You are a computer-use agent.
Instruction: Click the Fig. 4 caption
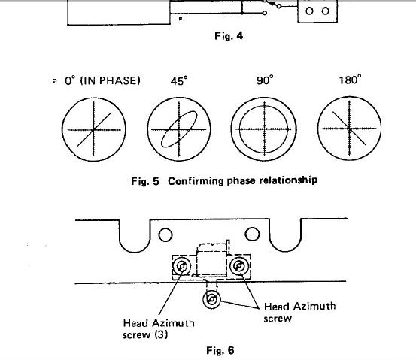(229, 36)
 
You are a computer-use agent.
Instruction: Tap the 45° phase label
(179, 80)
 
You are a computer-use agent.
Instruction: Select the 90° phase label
(265, 80)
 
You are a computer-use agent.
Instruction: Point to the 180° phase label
(350, 79)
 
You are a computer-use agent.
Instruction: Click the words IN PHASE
(110, 80)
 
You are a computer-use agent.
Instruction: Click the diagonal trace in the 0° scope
(94, 129)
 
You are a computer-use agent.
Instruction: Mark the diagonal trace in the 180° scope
(349, 129)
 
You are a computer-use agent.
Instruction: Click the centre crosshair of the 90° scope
(264, 129)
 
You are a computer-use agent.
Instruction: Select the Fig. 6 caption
(220, 350)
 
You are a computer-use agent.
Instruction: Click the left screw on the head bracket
(182, 266)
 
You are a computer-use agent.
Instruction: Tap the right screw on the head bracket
(238, 265)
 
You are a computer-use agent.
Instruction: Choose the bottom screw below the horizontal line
(211, 300)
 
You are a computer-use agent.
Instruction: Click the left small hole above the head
(165, 234)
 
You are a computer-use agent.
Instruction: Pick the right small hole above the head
(252, 234)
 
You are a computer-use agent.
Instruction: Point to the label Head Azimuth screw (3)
(159, 328)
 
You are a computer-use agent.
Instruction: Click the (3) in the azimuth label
(161, 334)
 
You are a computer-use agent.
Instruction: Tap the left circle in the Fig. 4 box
(309, 11)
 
